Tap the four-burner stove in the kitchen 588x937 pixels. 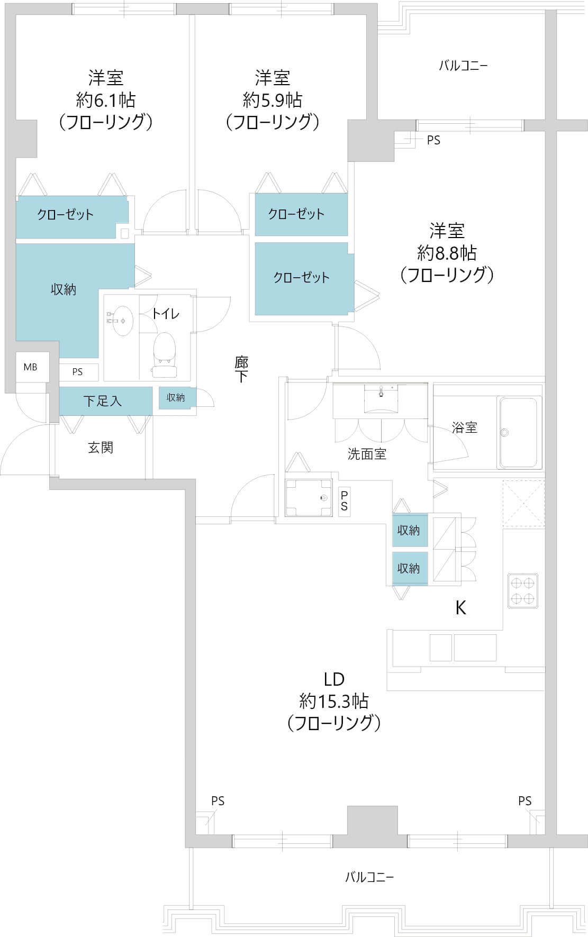(x=523, y=590)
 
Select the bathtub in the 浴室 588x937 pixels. (x=519, y=432)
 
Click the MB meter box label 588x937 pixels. (x=30, y=367)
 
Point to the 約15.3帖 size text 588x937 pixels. (x=334, y=702)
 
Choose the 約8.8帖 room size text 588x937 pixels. (x=447, y=253)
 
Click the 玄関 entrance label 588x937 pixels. (x=101, y=448)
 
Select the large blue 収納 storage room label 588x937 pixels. (x=64, y=289)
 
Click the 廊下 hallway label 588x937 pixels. (x=241, y=369)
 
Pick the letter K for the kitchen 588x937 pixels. (x=461, y=608)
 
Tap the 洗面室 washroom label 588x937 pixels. (x=367, y=453)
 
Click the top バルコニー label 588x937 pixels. (x=463, y=66)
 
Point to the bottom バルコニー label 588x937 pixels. (x=369, y=877)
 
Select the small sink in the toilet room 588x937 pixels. (x=122, y=320)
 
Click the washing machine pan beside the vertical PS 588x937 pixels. (x=309, y=497)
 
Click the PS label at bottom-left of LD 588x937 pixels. (x=218, y=801)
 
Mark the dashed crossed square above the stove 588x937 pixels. (x=523, y=504)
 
